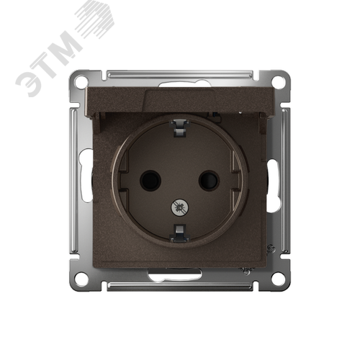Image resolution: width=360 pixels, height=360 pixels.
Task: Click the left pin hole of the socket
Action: pyautogui.click(x=150, y=179)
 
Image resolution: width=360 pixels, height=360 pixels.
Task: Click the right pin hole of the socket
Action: pyautogui.click(x=209, y=179)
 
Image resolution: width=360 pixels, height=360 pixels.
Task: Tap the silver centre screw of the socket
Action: pyautogui.click(x=180, y=207)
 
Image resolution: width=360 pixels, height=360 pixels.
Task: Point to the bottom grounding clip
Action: pyautogui.click(x=179, y=233)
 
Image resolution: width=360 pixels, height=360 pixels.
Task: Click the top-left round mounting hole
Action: pyautogui.click(x=81, y=81)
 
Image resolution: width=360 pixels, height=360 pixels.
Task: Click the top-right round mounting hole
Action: pyautogui.click(x=278, y=81)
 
